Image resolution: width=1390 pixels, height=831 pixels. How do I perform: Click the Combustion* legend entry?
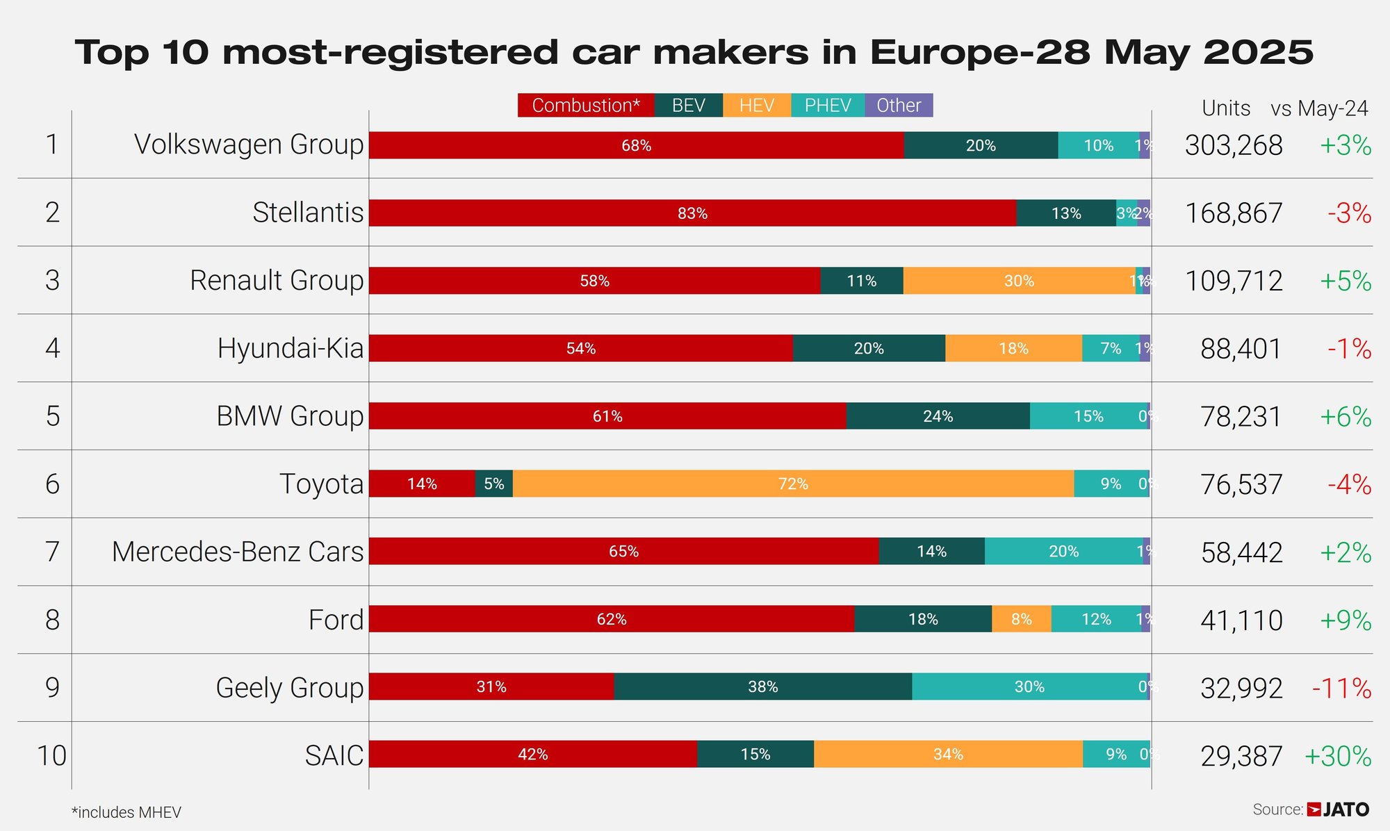(585, 106)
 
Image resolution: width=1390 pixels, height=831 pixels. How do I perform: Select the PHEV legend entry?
(827, 106)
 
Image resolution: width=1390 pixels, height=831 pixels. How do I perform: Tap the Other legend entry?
(898, 106)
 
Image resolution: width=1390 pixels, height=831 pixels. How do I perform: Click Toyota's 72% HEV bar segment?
(793, 484)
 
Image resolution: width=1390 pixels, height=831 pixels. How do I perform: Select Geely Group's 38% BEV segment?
(762, 686)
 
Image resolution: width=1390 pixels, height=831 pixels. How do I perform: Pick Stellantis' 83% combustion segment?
(692, 213)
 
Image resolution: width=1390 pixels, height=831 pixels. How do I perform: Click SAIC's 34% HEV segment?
(948, 755)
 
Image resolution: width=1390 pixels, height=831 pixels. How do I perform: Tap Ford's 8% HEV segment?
(1021, 619)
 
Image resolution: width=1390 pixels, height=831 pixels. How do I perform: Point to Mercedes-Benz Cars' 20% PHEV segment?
(1063, 552)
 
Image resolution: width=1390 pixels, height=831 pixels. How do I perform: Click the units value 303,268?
(1234, 145)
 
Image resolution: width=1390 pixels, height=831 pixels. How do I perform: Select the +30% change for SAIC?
(1338, 756)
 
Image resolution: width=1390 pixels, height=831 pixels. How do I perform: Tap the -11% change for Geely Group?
(1341, 689)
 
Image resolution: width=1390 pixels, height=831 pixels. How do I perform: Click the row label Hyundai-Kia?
(291, 348)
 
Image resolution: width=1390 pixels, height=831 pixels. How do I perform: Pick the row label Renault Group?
(277, 281)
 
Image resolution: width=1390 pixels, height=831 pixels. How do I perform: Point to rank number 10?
(51, 756)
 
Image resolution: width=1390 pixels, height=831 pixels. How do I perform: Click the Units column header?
(1226, 108)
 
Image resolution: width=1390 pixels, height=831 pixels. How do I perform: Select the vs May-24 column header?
(1319, 108)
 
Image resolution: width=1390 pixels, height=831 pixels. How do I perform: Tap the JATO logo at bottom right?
(1338, 809)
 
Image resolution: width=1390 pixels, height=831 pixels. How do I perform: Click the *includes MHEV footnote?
(126, 812)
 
